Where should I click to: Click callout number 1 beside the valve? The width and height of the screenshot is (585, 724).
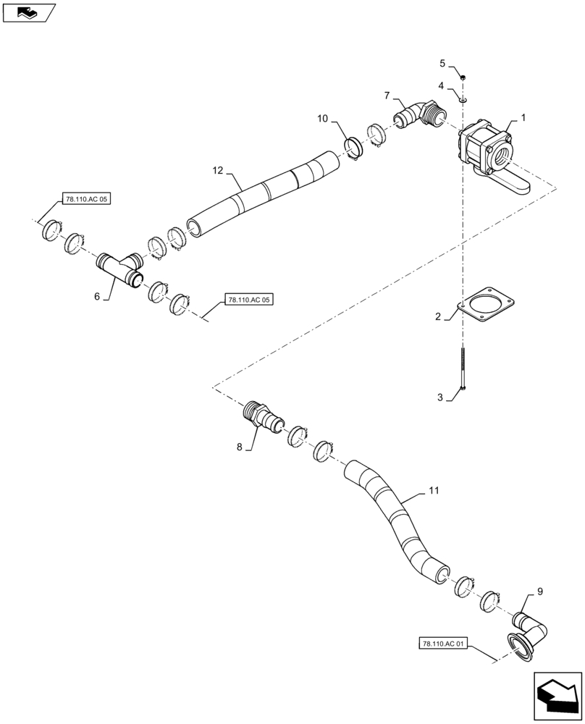pyautogui.click(x=523, y=117)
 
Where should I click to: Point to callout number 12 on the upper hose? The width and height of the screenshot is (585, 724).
pyautogui.click(x=218, y=171)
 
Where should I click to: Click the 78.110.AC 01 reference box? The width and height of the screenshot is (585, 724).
pyautogui.click(x=445, y=643)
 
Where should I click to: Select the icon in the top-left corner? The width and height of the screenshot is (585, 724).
pyautogui.click(x=28, y=12)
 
